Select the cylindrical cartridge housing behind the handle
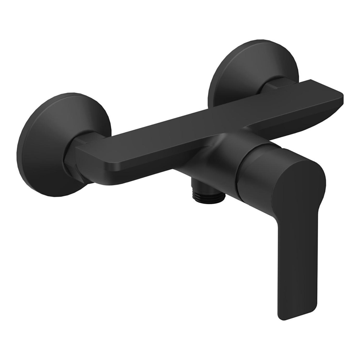pyautogui.click(x=253, y=174)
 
